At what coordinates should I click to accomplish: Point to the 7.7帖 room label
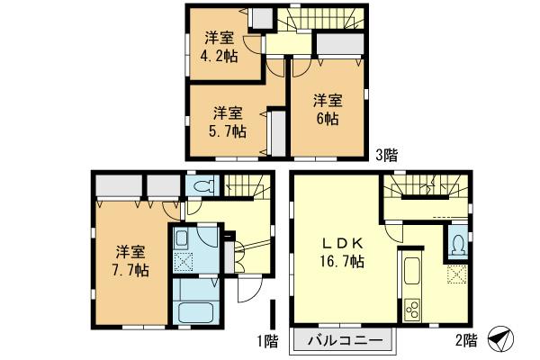(x=131, y=259)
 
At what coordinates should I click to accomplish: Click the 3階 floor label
(x=386, y=154)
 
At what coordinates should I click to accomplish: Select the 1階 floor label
(x=265, y=341)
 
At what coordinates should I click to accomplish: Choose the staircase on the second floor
(x=423, y=190)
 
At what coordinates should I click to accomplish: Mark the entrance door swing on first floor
(x=246, y=290)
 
